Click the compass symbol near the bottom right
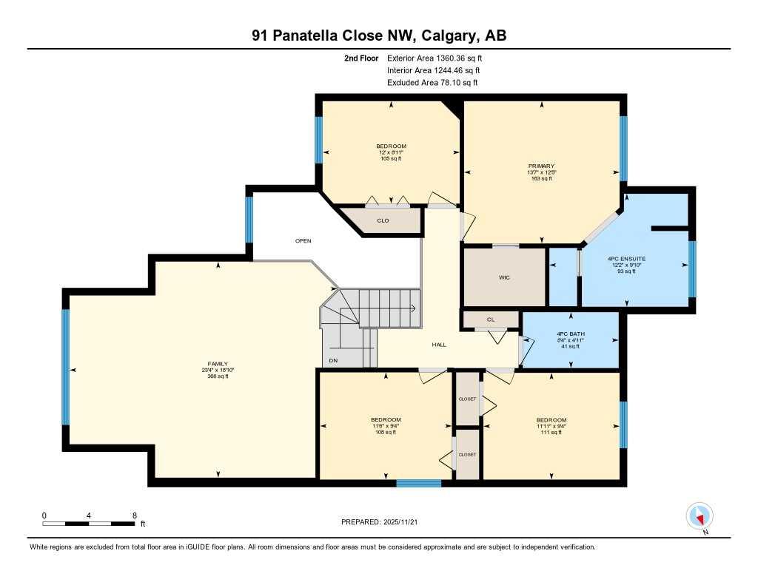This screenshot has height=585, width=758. tap(700, 515)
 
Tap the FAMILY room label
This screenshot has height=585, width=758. tap(218, 364)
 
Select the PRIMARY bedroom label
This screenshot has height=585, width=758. tap(541, 166)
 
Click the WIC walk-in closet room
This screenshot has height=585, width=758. tap(504, 277)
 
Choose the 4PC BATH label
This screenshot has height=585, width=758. tap(570, 334)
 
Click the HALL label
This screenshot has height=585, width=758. tap(439, 344)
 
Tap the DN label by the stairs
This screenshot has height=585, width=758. tap(333, 360)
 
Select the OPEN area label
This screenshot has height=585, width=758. tap(303, 240)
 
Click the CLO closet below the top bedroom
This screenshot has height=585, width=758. tap(383, 220)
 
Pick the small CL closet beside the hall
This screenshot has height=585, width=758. tap(490, 319)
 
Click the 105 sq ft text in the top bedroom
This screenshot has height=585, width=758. tap(391, 158)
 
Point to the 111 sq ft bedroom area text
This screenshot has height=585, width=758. tap(551, 432)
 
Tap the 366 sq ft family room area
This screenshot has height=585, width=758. tap(218, 376)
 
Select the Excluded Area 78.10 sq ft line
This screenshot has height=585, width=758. tap(432, 83)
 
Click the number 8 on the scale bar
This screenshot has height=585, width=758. tap(134, 515)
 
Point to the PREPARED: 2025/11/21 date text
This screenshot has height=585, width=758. tap(383, 522)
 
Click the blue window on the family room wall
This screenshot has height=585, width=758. tap(65, 367)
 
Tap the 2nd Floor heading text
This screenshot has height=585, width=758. tap(361, 58)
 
